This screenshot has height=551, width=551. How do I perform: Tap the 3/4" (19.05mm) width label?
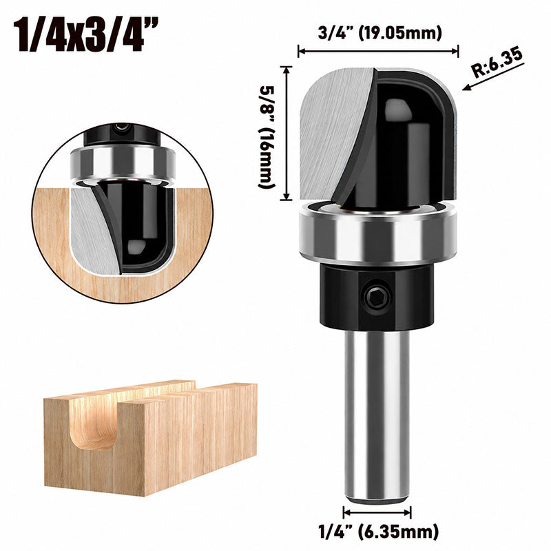coord(380,33)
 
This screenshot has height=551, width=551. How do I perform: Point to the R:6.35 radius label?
coord(497,63)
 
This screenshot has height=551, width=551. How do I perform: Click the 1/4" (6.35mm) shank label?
coord(378,532)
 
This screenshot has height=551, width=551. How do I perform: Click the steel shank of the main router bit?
coord(377,382)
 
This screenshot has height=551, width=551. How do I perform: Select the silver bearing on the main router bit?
coord(378,233)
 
